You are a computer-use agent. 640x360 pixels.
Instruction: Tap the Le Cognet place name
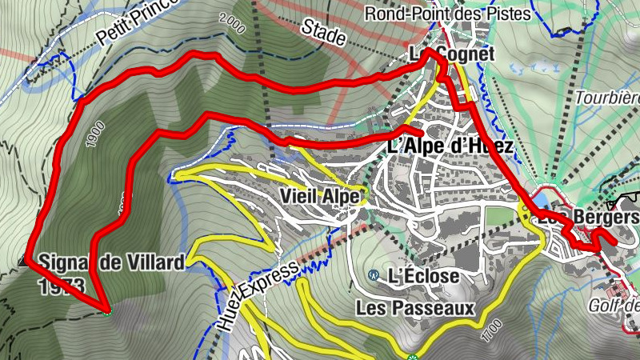click(x=453, y=54)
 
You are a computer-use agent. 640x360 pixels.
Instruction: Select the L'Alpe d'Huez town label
click(x=449, y=146)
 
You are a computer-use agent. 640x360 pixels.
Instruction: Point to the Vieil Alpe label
click(x=322, y=196)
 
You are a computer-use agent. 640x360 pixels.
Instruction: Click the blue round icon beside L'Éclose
click(x=373, y=275)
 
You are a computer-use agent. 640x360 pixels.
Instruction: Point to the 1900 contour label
click(x=90, y=135)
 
